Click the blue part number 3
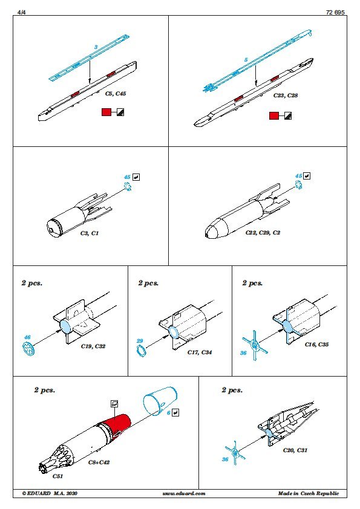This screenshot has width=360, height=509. [x=96, y=47]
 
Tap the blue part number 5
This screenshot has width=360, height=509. [x=246, y=60]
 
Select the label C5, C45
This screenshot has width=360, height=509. [x=116, y=94]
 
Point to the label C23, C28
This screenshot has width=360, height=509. [x=285, y=96]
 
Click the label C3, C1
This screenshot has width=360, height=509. [x=90, y=233]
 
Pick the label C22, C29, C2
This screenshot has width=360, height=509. [x=263, y=232]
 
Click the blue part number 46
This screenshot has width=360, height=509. [x=27, y=337]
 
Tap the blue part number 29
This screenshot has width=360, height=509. [x=140, y=341]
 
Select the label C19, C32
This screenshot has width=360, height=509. [x=93, y=346]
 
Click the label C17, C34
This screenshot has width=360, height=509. [x=200, y=352]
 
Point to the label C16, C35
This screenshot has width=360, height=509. [x=317, y=345]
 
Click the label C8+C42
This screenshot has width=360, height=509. [x=99, y=462]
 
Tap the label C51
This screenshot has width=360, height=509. [x=57, y=476]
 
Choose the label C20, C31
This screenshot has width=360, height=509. [x=295, y=450]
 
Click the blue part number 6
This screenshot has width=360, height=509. [x=169, y=413]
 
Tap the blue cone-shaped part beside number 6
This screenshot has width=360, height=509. [x=160, y=401]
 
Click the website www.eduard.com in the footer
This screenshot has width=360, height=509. [x=184, y=493]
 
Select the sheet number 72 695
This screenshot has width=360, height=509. [x=335, y=12]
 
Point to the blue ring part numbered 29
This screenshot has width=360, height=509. [x=142, y=351]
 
